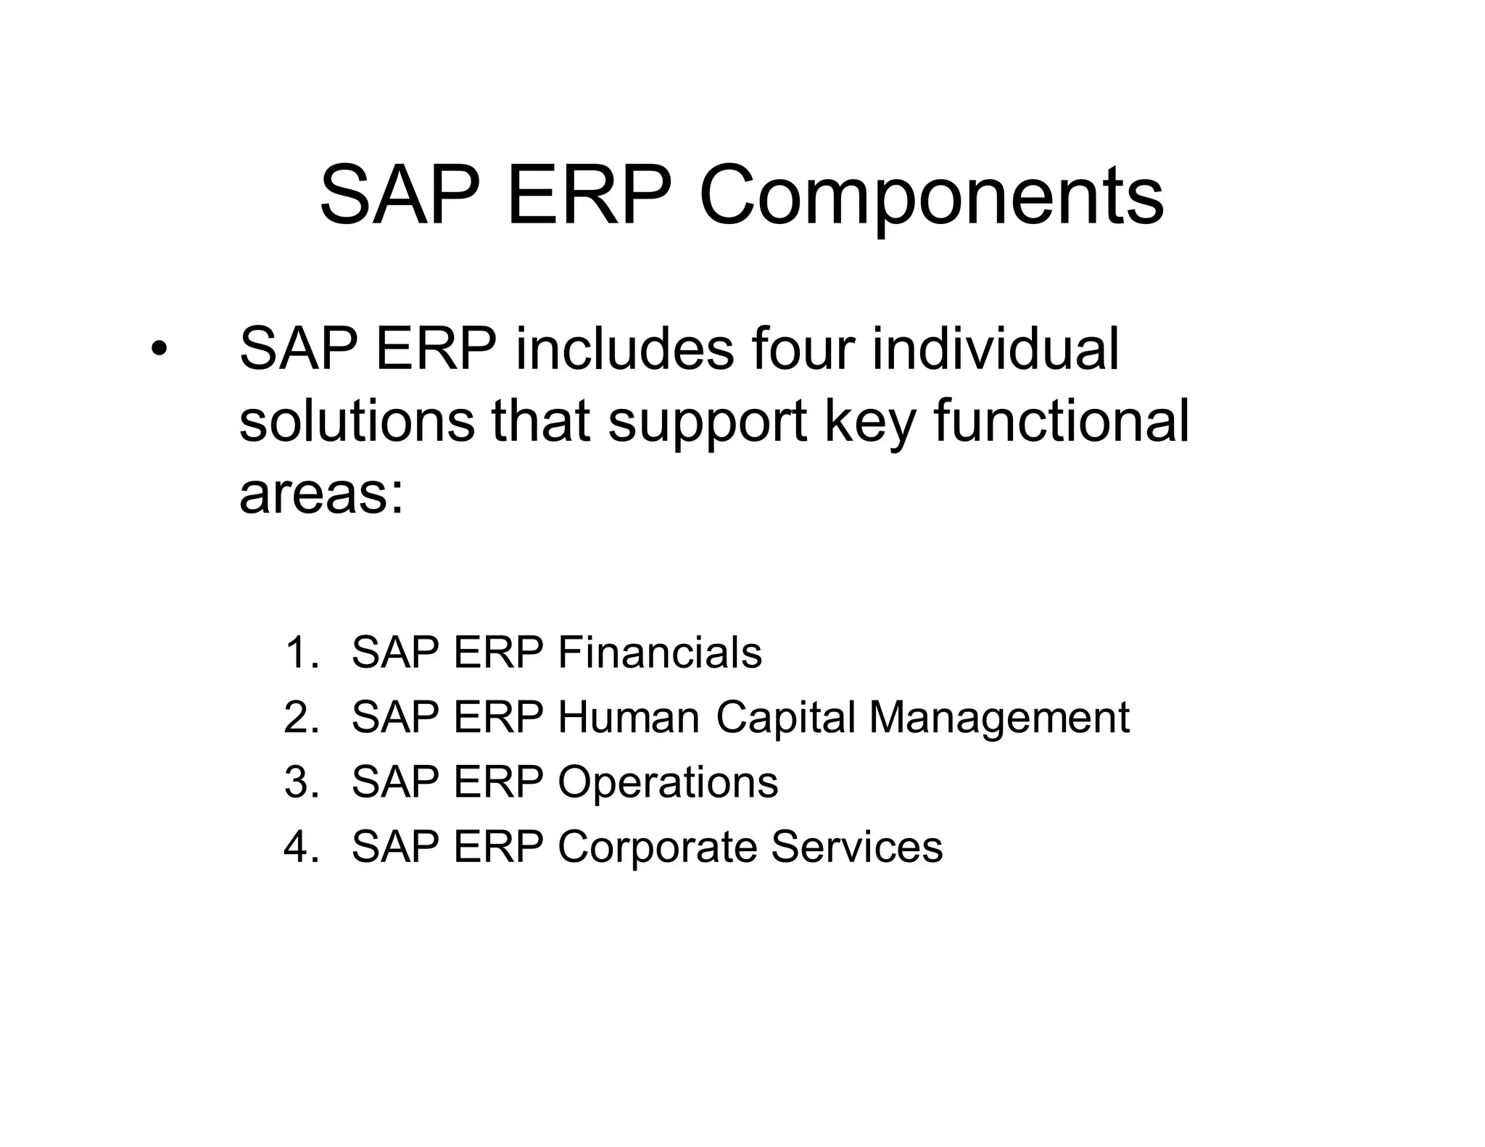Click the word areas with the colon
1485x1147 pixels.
point(321,495)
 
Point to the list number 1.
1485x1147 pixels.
point(300,653)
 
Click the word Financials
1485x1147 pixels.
point(659,652)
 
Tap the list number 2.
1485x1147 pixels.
point(300,717)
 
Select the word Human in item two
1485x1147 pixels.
point(628,717)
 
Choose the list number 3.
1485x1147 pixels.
point(300,782)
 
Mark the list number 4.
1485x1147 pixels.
point(300,846)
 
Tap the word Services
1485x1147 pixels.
point(856,846)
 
